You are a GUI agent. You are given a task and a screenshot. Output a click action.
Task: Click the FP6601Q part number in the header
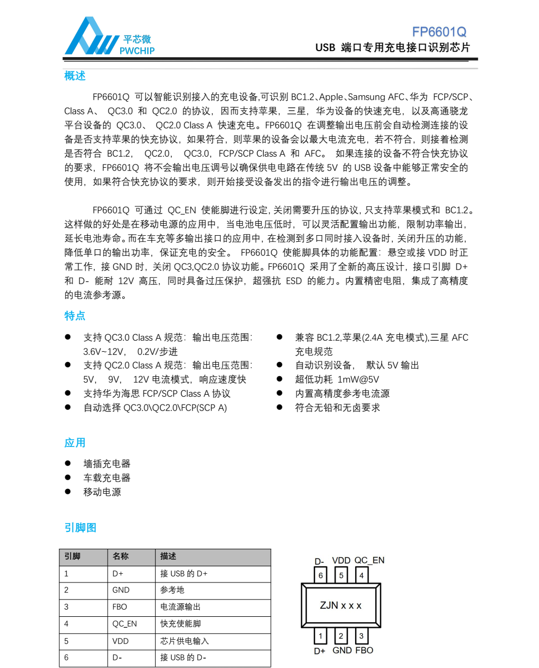tap(439, 32)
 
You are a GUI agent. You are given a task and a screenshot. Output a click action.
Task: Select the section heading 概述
tap(75, 76)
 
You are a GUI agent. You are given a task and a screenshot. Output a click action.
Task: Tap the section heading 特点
tap(75, 316)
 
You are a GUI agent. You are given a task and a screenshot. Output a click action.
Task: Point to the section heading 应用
tap(75, 443)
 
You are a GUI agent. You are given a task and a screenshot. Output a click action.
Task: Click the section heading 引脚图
tap(80, 528)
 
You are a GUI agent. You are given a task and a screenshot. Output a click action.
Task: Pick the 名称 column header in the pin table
tap(121, 556)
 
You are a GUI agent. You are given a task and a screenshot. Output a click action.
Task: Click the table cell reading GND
tap(121, 590)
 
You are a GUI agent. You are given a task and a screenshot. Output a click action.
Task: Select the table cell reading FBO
tap(120, 607)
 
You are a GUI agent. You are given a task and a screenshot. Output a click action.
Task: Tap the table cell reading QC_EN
tap(125, 624)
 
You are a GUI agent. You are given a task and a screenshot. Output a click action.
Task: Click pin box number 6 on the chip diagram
tap(321, 575)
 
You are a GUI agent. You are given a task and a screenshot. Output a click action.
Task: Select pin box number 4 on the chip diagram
tap(361, 575)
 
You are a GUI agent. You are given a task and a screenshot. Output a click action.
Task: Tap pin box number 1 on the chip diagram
tap(321, 636)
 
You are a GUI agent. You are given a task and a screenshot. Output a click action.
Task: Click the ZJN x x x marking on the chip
tap(340, 605)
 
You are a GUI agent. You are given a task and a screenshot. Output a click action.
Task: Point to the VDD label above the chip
tap(341, 560)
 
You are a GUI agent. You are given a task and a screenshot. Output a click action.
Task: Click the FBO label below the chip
tap(364, 650)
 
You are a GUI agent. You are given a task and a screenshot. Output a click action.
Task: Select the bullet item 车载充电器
tap(107, 478)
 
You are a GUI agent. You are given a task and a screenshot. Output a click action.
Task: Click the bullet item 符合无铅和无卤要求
tap(337, 408)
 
